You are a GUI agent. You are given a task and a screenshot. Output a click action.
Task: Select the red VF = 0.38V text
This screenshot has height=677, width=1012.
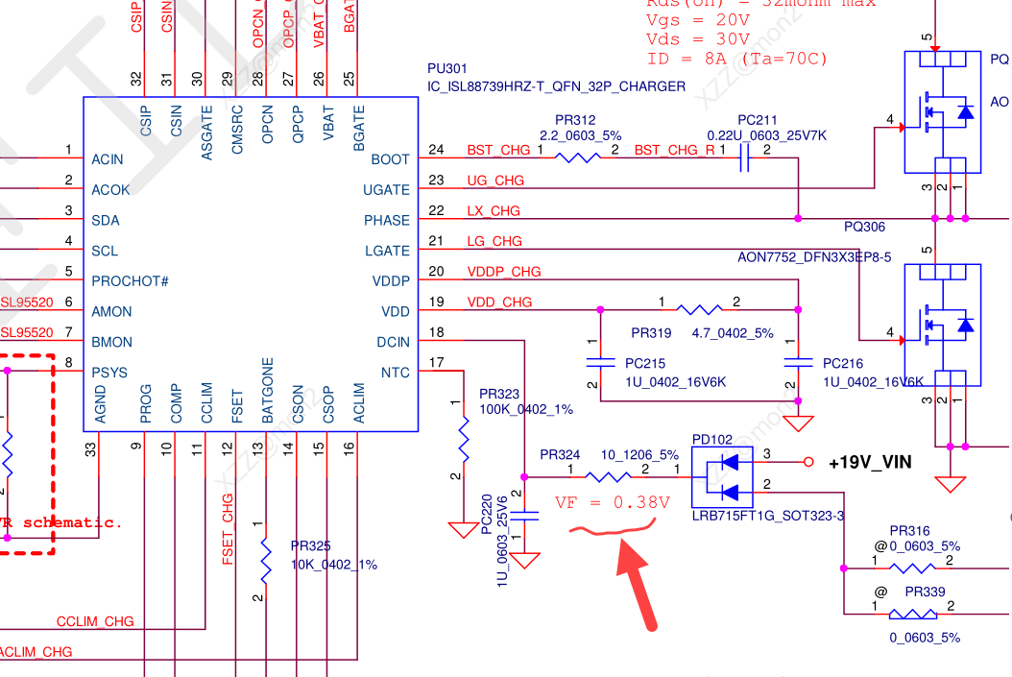[612, 502]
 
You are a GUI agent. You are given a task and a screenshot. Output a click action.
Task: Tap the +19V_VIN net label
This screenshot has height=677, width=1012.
[870, 463]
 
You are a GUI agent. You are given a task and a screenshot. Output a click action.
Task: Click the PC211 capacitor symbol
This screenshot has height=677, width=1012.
[745, 159]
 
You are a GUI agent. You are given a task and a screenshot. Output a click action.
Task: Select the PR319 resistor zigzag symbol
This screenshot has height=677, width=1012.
[699, 310]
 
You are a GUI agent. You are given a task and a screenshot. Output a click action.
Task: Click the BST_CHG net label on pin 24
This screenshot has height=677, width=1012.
[498, 150]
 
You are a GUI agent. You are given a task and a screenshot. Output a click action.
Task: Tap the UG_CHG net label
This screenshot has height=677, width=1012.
[495, 181]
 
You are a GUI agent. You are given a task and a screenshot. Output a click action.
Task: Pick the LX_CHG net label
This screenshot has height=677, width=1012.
[494, 210]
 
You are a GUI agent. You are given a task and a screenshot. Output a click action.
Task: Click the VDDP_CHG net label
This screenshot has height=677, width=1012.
[504, 272]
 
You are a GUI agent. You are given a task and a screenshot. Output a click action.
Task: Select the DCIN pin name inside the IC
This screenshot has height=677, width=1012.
[393, 342]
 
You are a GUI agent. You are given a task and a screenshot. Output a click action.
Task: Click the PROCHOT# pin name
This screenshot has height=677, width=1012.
[130, 281]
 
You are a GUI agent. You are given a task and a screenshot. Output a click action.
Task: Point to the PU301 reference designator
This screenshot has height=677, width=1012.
[447, 69]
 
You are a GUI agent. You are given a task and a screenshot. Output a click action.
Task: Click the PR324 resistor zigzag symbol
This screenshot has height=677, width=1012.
[608, 476]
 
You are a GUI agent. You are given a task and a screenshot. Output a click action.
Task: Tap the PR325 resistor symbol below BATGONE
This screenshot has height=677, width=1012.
[265, 559]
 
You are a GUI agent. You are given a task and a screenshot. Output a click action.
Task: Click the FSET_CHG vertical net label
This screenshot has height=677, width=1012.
[228, 529]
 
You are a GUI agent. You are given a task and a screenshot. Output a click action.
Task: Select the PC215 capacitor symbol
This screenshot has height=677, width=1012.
[600, 363]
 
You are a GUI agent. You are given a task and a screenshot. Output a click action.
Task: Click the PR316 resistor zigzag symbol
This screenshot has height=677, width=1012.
[912, 568]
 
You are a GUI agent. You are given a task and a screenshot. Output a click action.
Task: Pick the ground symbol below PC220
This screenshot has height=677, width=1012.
[524, 559]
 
